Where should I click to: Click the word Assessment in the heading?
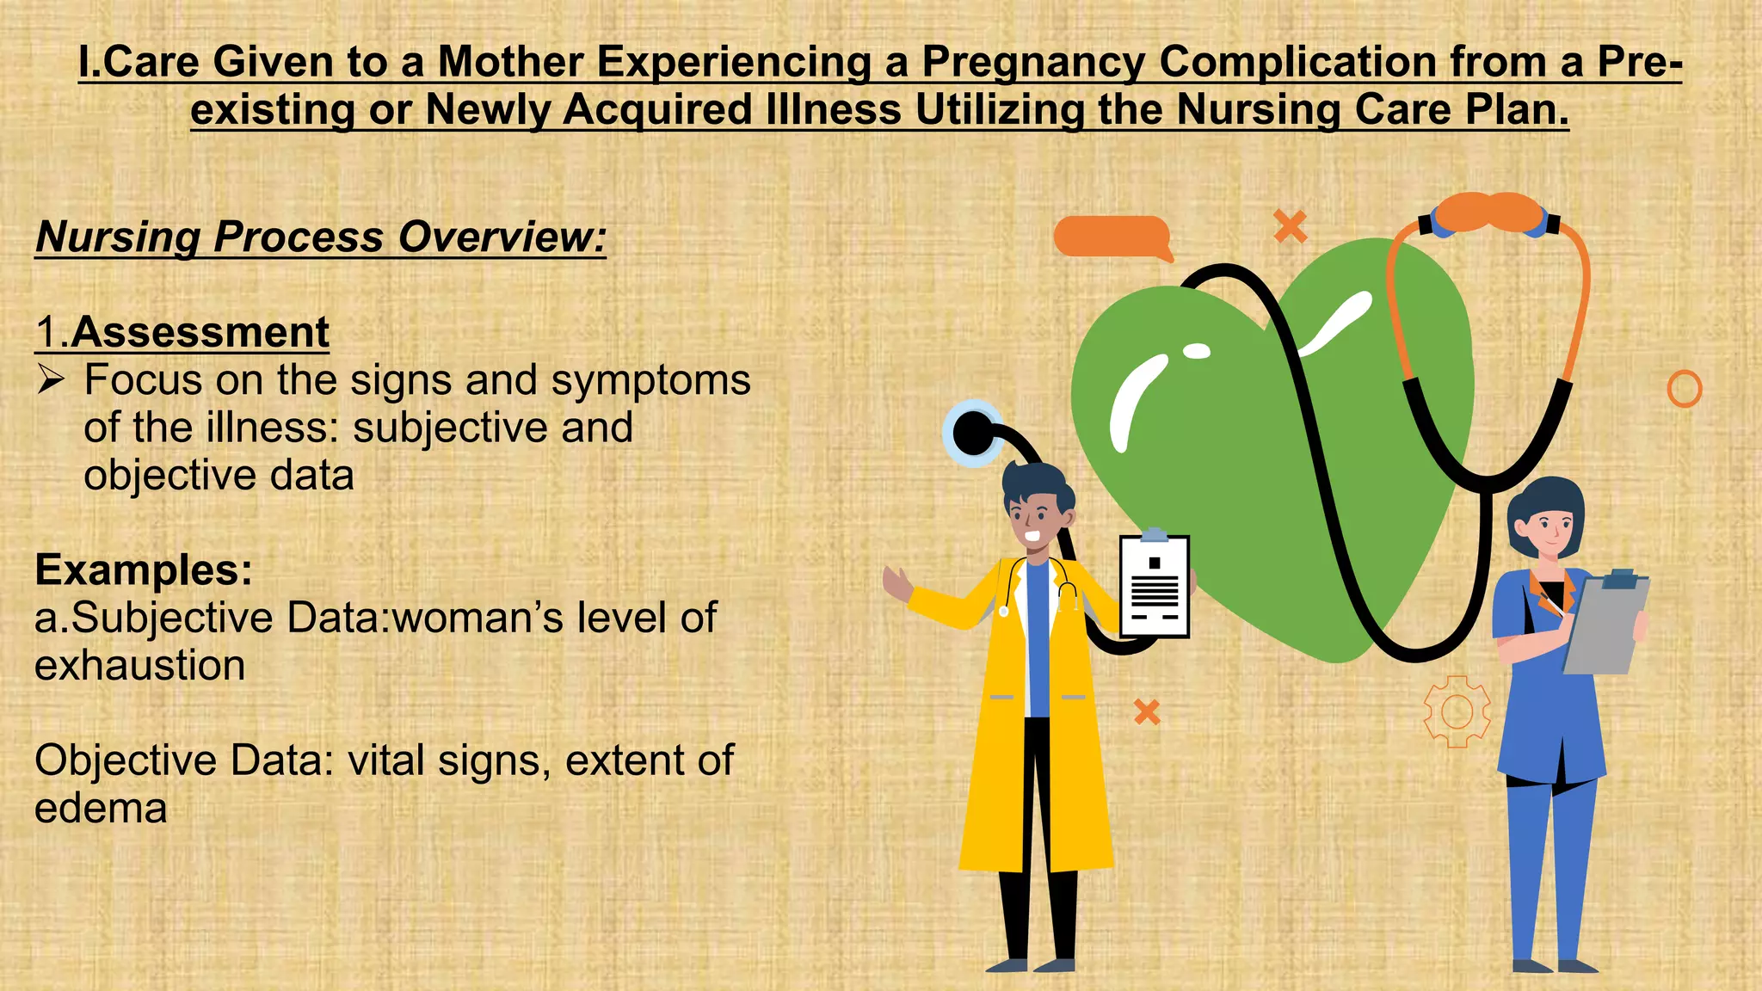click(200, 333)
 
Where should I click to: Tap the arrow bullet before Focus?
click(51, 379)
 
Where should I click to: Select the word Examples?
click(144, 569)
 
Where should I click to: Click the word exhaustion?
click(139, 666)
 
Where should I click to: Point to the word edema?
click(101, 809)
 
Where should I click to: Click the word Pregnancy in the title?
click(1033, 62)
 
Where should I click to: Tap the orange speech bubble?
click(1112, 237)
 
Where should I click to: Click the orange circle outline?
click(1684, 389)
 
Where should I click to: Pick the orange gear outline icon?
click(1456, 711)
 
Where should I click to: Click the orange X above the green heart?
click(1290, 226)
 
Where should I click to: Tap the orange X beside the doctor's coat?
click(1147, 711)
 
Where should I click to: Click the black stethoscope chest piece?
click(973, 433)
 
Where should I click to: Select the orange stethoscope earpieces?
click(1488, 212)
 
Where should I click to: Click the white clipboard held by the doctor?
click(1154, 587)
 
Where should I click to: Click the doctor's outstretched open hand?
click(896, 584)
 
